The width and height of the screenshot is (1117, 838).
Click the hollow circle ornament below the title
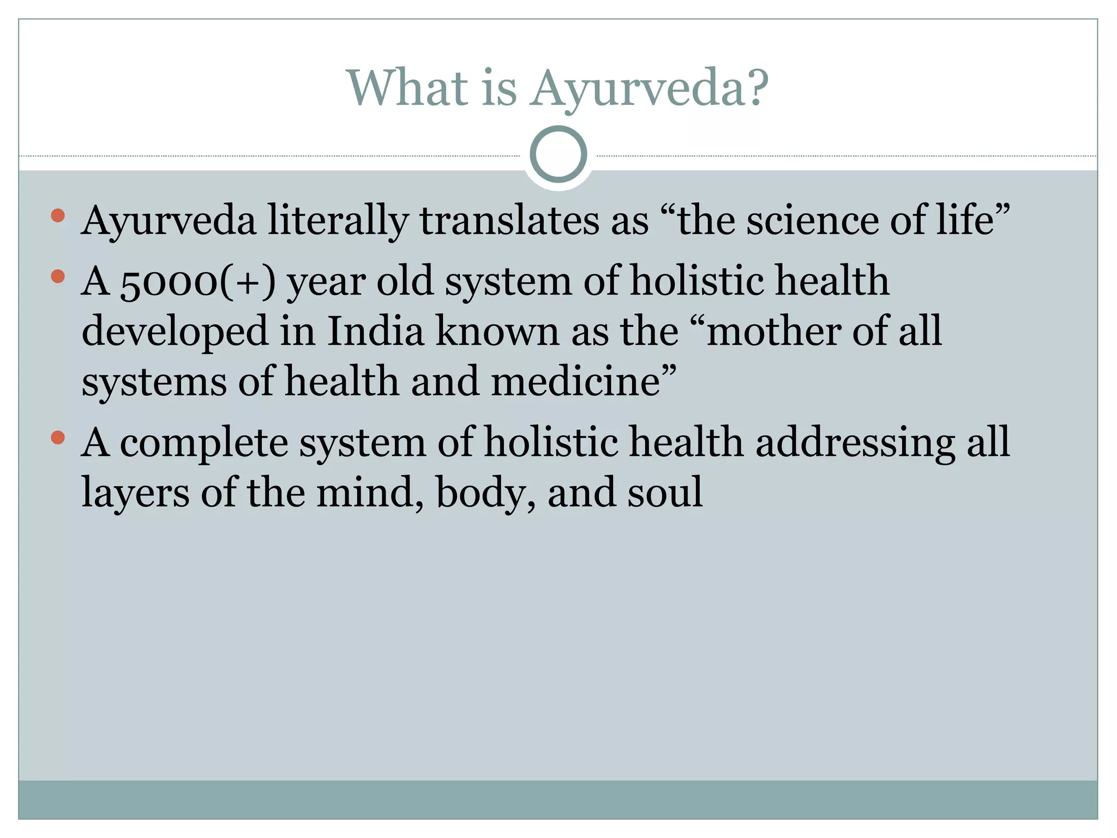(x=558, y=154)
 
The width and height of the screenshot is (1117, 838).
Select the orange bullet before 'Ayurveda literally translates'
(x=57, y=216)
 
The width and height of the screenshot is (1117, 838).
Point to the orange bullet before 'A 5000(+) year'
(x=57, y=277)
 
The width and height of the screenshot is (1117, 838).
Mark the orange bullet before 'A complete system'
(x=57, y=437)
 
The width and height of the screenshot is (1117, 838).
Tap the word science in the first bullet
(x=812, y=220)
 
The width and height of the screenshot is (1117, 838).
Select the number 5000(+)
(x=197, y=282)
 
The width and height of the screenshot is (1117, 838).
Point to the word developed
(x=175, y=332)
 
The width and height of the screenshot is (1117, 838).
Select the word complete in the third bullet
(x=203, y=443)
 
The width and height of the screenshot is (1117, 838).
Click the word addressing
(x=855, y=443)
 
